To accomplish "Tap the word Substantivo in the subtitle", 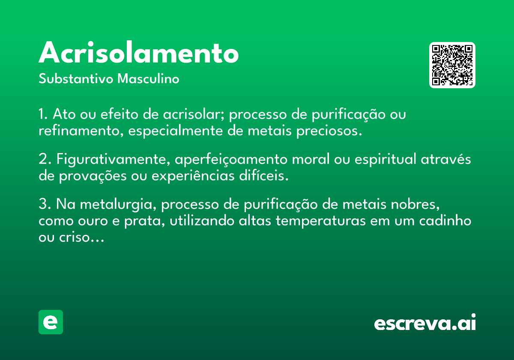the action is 76,78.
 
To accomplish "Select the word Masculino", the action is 148,78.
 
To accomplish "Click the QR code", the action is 452,65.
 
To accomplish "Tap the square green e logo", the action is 51,322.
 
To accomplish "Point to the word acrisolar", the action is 194,114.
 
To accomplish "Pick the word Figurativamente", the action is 114,159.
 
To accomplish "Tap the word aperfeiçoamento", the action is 231,159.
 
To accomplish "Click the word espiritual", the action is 385,159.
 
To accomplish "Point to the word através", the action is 446,159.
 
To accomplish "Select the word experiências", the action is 193,176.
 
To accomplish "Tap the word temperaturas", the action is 320,221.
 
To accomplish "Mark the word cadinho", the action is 445,220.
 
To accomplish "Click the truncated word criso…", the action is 82,237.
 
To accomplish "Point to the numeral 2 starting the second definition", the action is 43,159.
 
